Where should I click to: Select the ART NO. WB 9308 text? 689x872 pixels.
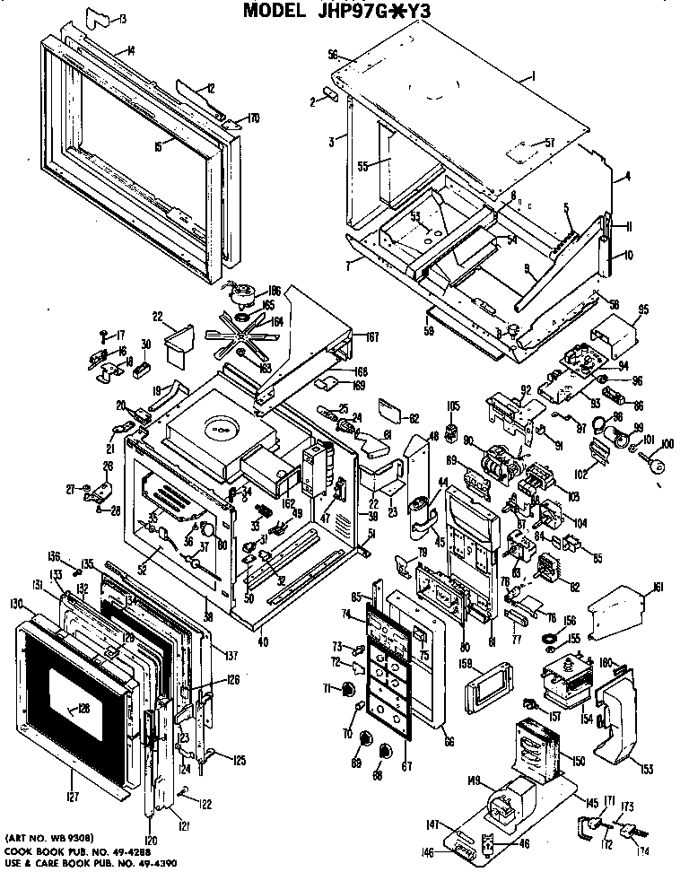point(49,838)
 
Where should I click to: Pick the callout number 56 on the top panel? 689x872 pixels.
point(333,55)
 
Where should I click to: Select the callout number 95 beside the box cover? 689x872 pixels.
point(642,311)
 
